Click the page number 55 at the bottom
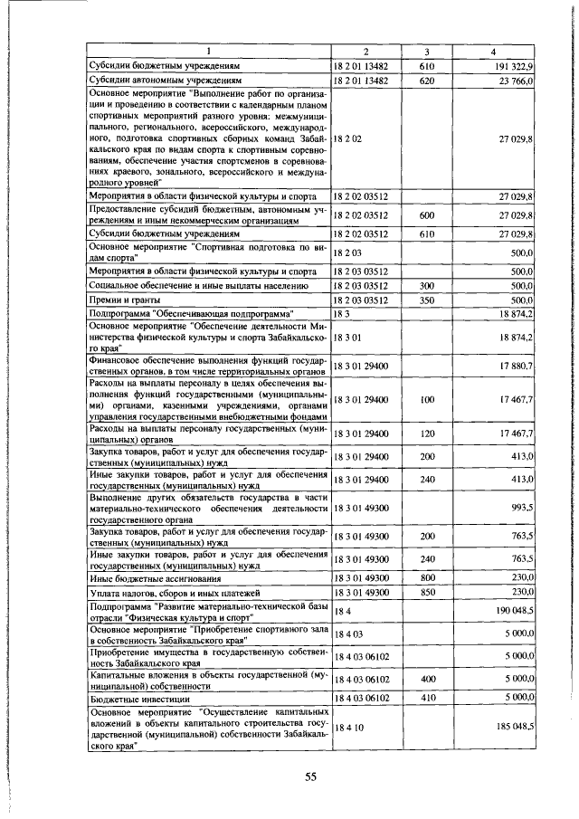click(x=310, y=777)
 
